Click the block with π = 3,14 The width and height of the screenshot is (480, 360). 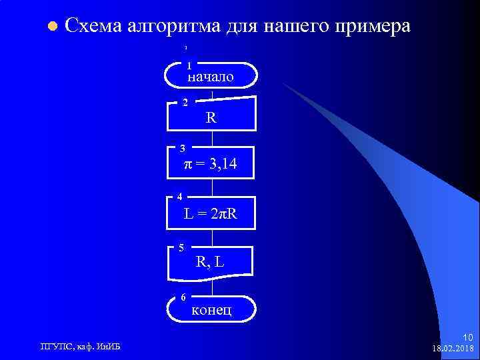pos(211,163)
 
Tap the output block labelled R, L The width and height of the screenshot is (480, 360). pos(211,261)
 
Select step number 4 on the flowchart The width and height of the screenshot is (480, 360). pos(179,196)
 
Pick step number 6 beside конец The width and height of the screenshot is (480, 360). pos(184,297)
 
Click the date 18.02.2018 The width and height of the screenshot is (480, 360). pos(453,349)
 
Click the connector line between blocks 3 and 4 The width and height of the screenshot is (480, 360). pos(212,188)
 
